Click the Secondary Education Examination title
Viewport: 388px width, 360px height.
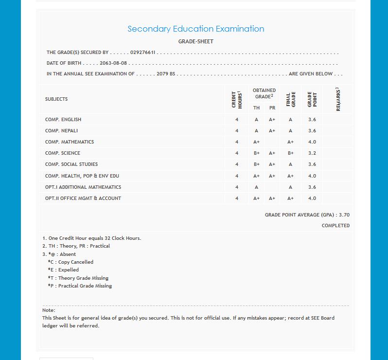(x=195, y=29)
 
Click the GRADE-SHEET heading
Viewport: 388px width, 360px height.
(x=195, y=41)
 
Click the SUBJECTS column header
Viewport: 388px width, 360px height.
(x=56, y=99)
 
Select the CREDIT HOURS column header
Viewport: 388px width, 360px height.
(x=237, y=99)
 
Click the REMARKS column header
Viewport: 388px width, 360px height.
(x=338, y=99)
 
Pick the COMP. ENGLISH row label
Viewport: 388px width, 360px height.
(x=63, y=120)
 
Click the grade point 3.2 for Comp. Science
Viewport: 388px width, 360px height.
(x=312, y=153)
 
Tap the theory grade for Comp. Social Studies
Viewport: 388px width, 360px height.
(x=256, y=164)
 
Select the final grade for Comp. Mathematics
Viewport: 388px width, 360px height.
(x=290, y=142)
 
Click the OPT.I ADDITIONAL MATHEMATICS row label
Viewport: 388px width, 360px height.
(x=83, y=187)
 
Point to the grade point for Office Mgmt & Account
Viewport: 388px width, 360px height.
(x=312, y=198)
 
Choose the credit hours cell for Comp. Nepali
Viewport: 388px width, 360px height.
(x=237, y=131)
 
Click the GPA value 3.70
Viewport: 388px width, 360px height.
(x=344, y=215)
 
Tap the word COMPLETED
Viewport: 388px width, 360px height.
(x=335, y=226)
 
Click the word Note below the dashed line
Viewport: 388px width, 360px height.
(x=49, y=310)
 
